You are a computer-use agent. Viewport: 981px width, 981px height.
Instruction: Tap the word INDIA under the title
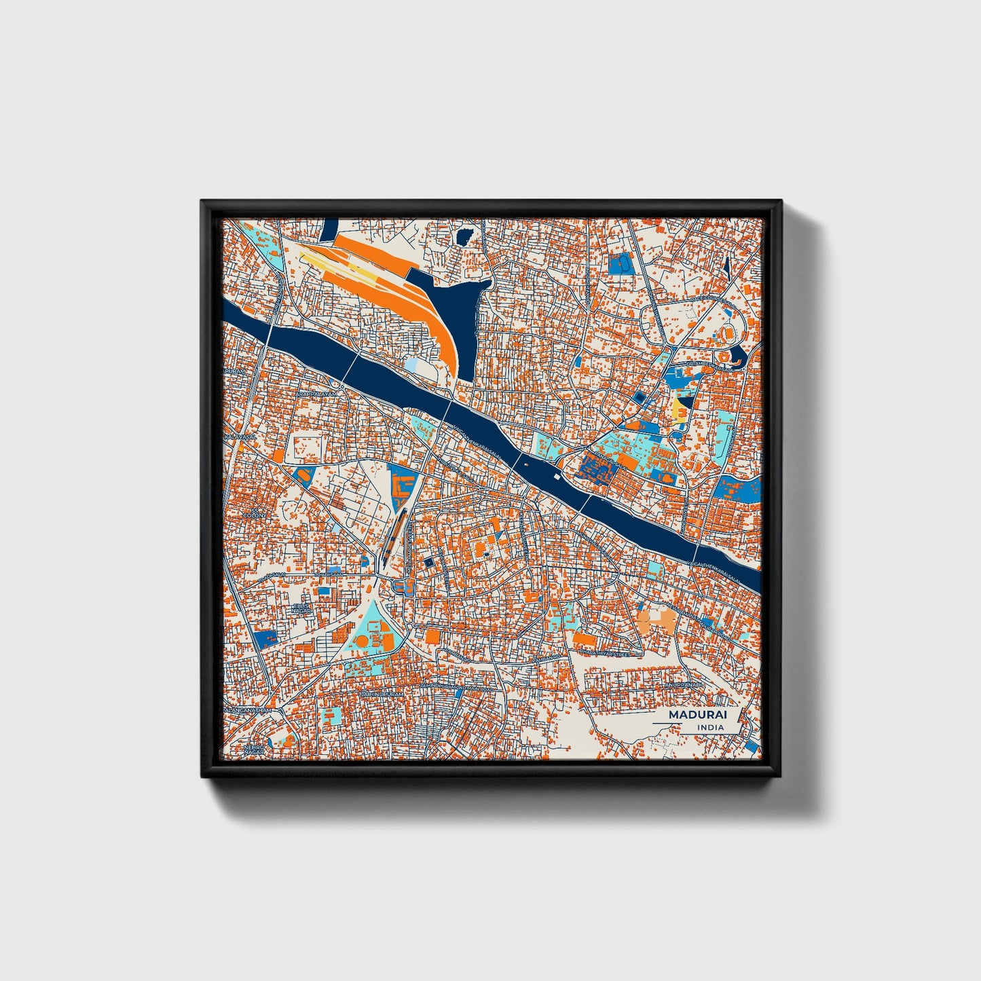[x=710, y=727]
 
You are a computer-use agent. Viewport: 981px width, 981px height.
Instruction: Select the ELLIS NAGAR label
[x=301, y=608]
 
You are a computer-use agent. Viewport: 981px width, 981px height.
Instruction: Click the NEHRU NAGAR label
[x=254, y=749]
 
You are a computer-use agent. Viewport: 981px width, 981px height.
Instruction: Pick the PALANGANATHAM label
[x=251, y=709]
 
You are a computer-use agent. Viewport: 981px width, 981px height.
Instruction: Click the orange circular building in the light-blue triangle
[x=363, y=641]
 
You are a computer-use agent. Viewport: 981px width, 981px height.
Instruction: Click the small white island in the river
[x=557, y=477]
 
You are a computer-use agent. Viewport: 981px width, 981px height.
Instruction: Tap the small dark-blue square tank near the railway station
[x=428, y=562]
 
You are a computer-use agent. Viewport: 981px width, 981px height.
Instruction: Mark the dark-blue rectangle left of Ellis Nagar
[x=267, y=637]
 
